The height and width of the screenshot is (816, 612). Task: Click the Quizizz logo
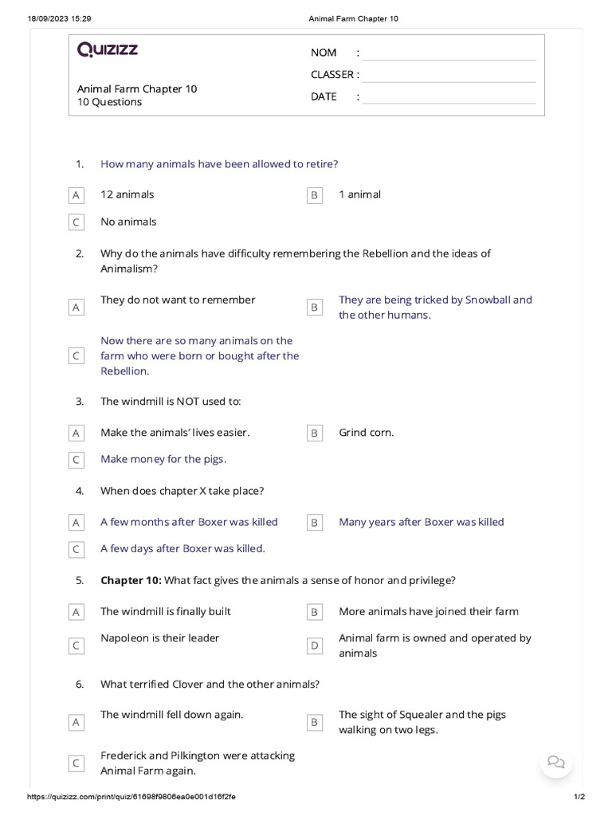coord(108,50)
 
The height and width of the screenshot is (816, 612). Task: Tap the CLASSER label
coord(332,75)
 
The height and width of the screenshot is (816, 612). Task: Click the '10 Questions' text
coord(109,102)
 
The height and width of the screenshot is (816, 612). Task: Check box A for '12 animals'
coord(76,195)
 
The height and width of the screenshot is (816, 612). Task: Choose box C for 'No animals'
coord(76,222)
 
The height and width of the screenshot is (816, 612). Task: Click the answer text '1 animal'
coord(359,194)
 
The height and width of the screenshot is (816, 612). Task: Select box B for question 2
coord(315,307)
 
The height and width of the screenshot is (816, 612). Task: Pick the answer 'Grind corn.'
coord(366,433)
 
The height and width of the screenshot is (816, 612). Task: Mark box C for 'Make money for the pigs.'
coord(76,460)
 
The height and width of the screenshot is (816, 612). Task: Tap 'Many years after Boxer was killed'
coord(421,522)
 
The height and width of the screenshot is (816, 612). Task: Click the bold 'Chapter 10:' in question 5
coord(131,580)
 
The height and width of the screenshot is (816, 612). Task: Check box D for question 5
coord(315,645)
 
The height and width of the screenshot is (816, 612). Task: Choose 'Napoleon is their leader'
coord(159,637)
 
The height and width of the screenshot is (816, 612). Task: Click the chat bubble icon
coord(556,761)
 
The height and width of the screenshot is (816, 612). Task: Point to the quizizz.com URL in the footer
coord(131,797)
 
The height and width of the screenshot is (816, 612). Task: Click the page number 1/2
coord(579,797)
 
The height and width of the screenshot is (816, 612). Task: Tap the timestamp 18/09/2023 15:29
coord(60,18)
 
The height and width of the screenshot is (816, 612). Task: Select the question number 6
coord(80,684)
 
